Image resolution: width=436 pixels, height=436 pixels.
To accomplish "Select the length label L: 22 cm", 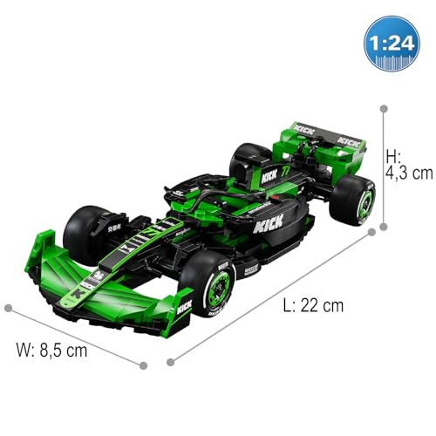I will tap(312, 305).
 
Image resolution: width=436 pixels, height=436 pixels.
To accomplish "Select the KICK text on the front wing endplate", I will tap(184, 307).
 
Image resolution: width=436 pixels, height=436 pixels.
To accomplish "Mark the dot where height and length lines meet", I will tap(382, 230).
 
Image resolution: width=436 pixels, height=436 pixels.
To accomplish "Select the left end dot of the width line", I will tap(8, 308).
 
